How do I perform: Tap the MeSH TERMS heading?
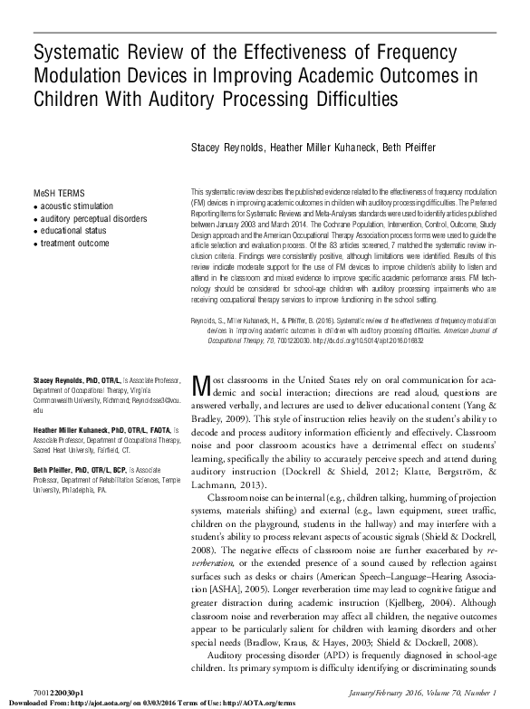[x=58, y=195]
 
